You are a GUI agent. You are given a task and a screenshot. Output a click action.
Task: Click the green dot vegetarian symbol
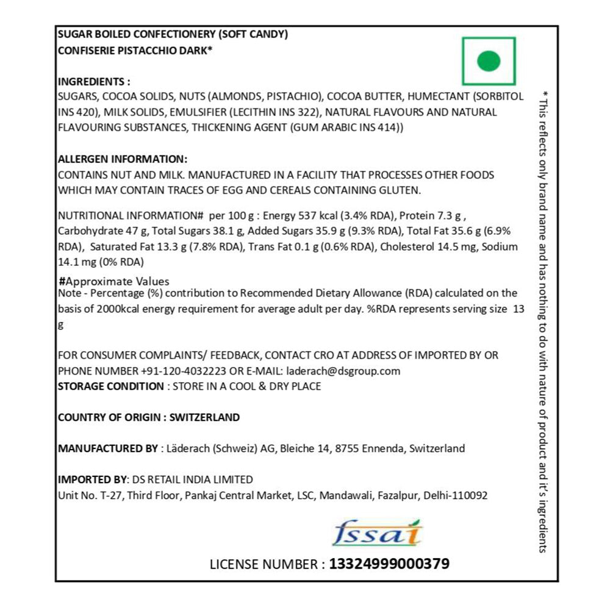click(489, 60)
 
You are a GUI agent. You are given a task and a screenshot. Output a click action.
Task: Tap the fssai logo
click(377, 533)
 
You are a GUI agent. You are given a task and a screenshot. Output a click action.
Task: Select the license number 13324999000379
click(389, 564)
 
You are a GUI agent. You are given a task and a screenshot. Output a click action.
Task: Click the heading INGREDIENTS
click(94, 81)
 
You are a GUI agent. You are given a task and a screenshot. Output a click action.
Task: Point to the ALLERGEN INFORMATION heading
click(122, 159)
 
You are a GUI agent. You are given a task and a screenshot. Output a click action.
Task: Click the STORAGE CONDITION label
click(110, 386)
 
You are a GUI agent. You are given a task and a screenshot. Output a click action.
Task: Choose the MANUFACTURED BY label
click(107, 448)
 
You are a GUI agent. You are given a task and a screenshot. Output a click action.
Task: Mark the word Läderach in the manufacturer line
click(188, 448)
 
